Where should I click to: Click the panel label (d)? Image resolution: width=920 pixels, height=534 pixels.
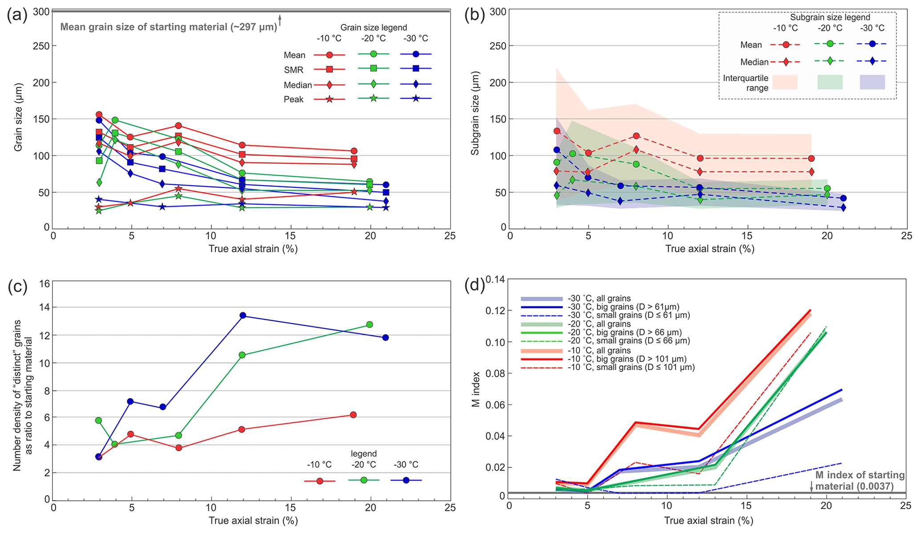474,284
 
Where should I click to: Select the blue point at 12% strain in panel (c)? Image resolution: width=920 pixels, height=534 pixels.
243,315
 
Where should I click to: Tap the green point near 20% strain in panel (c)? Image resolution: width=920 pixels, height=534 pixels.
369,324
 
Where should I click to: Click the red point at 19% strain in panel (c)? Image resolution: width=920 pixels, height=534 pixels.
353,415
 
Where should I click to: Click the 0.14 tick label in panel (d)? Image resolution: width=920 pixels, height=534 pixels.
495,279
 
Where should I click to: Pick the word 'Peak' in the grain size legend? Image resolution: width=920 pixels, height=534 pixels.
294,99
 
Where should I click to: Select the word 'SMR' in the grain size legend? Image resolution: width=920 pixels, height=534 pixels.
294,70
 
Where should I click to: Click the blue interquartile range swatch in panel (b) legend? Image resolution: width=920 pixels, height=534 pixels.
872,82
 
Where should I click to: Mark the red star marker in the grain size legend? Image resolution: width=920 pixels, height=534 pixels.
329,99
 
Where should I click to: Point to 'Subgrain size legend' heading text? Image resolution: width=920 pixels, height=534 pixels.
830,17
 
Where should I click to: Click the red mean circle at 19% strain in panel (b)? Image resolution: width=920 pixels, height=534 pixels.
811,158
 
